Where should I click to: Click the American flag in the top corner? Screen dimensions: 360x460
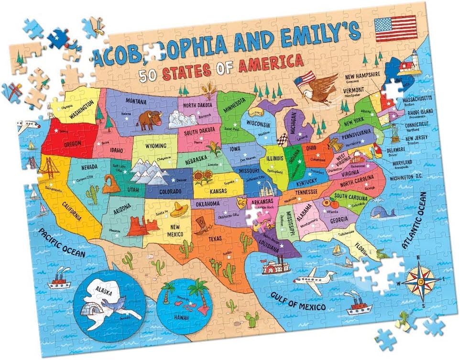(396, 29)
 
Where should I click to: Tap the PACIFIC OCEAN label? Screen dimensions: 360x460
(61, 243)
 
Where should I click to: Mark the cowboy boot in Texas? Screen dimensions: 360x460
(200, 224)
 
